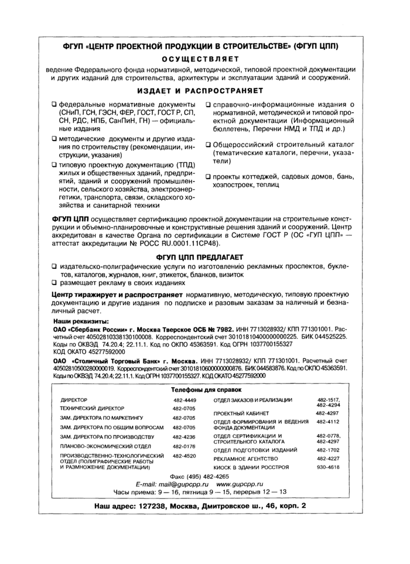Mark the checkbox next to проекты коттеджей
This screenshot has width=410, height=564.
pos(208,176)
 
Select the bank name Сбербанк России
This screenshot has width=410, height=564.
pos(98,330)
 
